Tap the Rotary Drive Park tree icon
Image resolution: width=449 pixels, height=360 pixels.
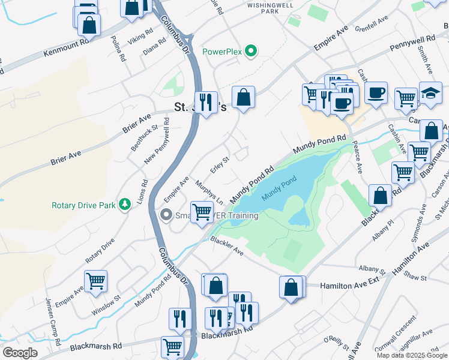pyautogui.click(x=125, y=205)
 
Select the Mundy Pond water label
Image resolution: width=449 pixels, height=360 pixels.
pyautogui.click(x=279, y=188)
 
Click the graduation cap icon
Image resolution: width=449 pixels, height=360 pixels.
pyautogui.click(x=430, y=94)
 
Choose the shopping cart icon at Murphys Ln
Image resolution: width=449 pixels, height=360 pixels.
pyautogui.click(x=202, y=212)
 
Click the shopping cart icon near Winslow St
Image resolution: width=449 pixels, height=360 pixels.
pyautogui.click(x=95, y=281)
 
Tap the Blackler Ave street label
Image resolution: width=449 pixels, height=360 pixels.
pyautogui.click(x=226, y=246)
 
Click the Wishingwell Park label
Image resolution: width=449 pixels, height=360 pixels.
pyautogui.click(x=269, y=7)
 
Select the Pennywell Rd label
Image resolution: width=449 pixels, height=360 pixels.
pyautogui.click(x=412, y=43)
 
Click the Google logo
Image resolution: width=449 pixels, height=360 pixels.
pyautogui.click(x=20, y=353)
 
